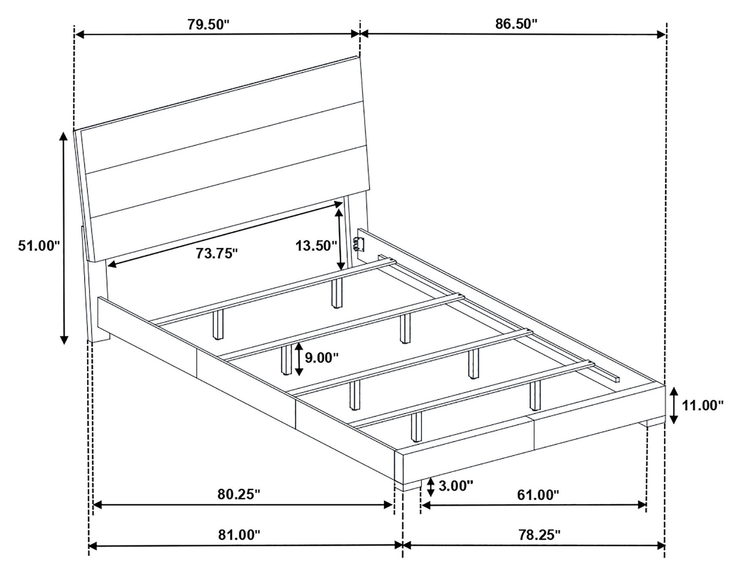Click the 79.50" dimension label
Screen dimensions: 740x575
coord(209,25)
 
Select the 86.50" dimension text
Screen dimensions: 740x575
coord(516,24)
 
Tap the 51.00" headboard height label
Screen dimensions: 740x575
coord(39,245)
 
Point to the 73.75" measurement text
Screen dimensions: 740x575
coord(216,253)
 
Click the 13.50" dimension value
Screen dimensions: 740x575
coord(316,245)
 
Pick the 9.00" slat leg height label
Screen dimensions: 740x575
coord(322,358)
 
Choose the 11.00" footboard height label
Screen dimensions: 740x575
coord(702,406)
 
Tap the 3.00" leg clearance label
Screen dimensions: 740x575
coord(456,486)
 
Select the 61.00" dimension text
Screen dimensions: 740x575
coord(538,495)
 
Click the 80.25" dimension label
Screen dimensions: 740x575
coord(239,494)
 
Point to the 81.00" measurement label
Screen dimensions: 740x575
coord(239,535)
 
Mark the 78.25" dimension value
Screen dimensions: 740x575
coord(539,535)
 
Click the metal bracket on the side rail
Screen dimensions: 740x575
coord(359,245)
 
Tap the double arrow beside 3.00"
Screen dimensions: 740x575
coord(431,487)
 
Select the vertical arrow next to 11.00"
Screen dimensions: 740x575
coord(673,406)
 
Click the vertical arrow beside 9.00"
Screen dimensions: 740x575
coord(299,359)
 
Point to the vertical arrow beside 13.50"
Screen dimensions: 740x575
coord(339,240)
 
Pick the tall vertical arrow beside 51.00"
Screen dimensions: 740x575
coord(64,238)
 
